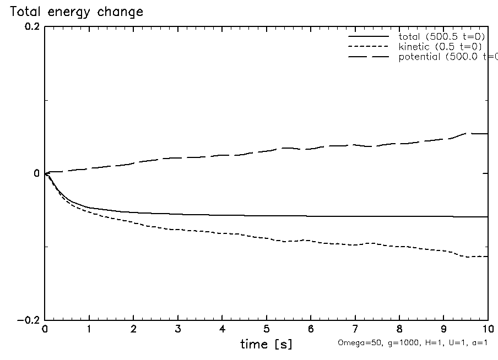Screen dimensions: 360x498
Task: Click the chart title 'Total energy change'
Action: click(x=77, y=12)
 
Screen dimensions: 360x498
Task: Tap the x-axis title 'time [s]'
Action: click(x=266, y=345)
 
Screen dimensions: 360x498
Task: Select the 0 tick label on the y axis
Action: click(x=36, y=173)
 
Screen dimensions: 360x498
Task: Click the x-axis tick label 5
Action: click(x=267, y=329)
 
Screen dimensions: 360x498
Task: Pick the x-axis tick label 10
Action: click(x=487, y=329)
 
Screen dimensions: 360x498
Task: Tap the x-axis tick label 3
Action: click(x=178, y=329)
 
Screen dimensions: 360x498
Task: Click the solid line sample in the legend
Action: click(x=369, y=36)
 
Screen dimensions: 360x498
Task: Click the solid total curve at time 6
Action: click(x=311, y=216)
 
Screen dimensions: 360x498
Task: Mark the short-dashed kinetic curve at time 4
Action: click(x=222, y=233)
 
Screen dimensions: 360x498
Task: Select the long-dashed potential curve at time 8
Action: click(x=399, y=144)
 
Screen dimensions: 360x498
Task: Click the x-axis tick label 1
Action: click(x=89, y=329)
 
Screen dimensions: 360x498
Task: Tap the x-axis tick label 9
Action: click(x=443, y=329)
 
